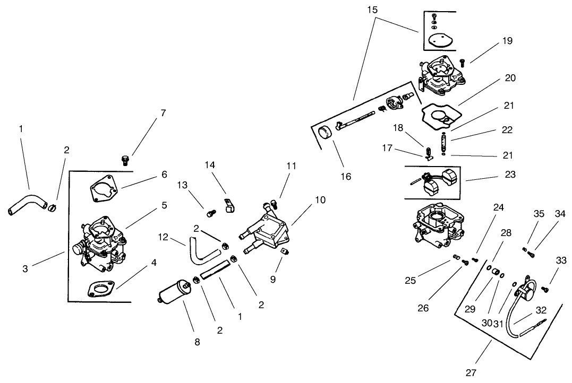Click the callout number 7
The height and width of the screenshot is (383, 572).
click(163, 113)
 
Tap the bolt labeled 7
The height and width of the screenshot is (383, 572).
click(125, 159)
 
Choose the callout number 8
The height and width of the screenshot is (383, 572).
click(197, 342)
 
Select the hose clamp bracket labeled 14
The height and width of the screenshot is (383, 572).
click(228, 206)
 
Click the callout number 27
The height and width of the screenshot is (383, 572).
click(471, 373)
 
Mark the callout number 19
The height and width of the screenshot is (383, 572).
click(507, 41)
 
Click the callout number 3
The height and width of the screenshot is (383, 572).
click(25, 269)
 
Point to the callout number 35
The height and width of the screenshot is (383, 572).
click(539, 213)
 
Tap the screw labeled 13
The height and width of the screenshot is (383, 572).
click(212, 213)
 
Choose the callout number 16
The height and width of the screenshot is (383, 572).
click(346, 177)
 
